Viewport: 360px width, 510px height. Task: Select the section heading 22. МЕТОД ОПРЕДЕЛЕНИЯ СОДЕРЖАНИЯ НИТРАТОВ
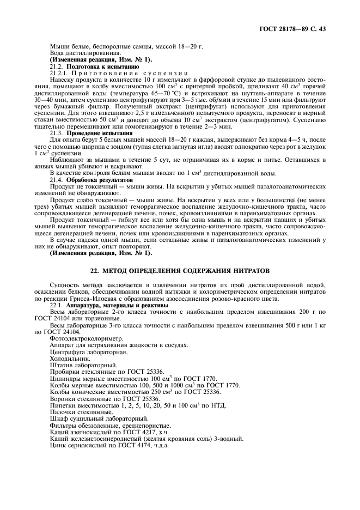point(179,271)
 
